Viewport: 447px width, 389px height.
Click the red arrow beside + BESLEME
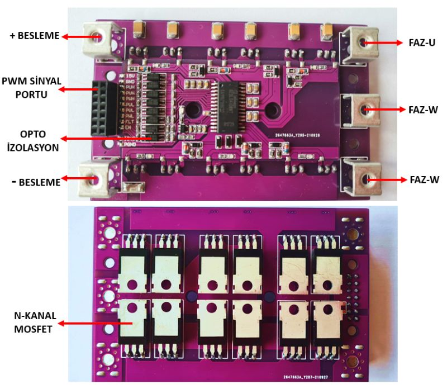click(81, 36)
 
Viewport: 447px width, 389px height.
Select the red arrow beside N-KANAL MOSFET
click(96, 323)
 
